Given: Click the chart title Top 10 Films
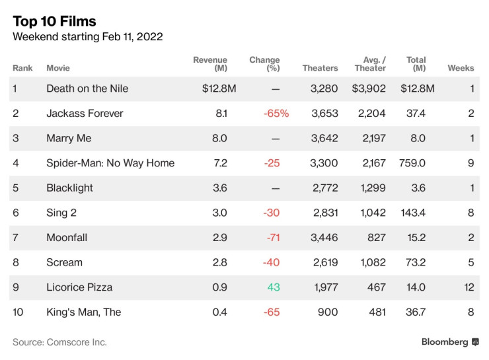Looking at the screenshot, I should [x=54, y=22].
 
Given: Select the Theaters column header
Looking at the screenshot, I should [x=320, y=68].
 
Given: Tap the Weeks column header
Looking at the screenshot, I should [x=461, y=68].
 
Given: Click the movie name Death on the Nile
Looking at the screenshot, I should [x=87, y=89].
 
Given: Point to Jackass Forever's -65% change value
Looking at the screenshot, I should [x=276, y=114].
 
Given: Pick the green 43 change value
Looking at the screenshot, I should [x=274, y=287].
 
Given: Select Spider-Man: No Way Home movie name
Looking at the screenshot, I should [x=110, y=163].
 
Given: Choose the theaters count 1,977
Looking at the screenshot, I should [x=325, y=287].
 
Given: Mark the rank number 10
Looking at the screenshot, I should [x=18, y=312].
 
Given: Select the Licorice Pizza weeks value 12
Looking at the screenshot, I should [x=468, y=287].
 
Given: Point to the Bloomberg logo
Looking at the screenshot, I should [x=449, y=342].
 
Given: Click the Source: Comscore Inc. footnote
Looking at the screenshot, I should [x=59, y=342].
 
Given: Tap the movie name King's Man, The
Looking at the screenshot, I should [x=83, y=312].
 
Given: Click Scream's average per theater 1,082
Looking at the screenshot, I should [x=373, y=262].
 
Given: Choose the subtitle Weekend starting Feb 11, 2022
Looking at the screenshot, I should [x=88, y=37].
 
